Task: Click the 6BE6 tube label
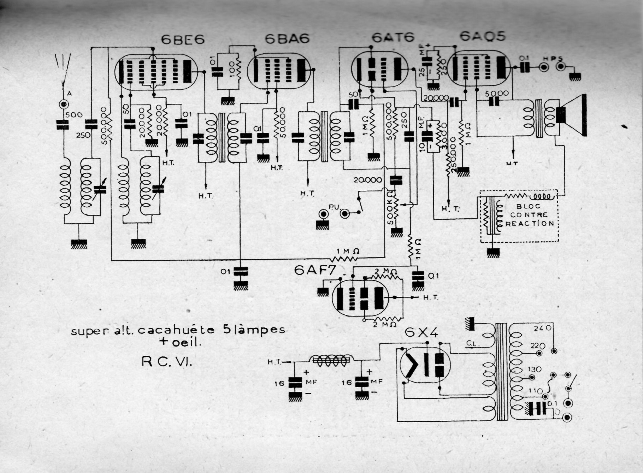click(x=183, y=40)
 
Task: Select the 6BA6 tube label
click(x=287, y=39)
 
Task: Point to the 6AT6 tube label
click(x=393, y=37)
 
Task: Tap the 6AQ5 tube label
click(x=483, y=36)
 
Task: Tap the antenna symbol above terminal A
click(x=64, y=69)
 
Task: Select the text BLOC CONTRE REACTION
click(x=530, y=215)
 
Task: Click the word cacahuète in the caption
click(x=176, y=330)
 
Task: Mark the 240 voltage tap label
click(x=543, y=328)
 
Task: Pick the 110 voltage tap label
click(x=536, y=390)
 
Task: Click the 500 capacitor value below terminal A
click(x=74, y=115)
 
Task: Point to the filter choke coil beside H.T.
click(x=331, y=360)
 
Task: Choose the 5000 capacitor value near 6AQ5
click(x=497, y=94)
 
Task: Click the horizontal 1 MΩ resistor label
click(x=348, y=251)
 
